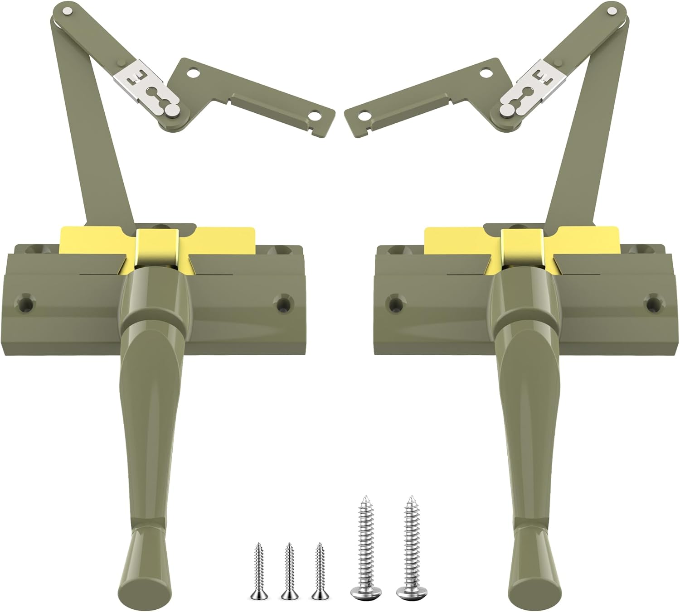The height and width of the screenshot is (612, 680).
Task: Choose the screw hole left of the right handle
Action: click(x=395, y=303)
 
